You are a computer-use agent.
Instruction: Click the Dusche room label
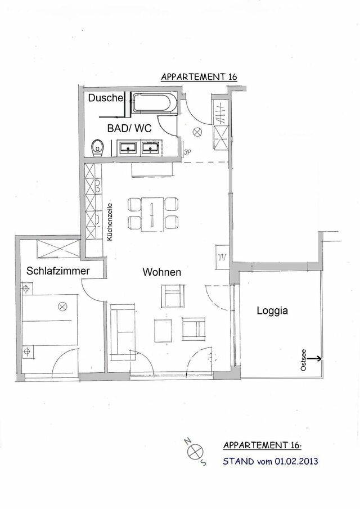pyautogui.click(x=106, y=98)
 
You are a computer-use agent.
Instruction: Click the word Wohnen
pyautogui.click(x=161, y=272)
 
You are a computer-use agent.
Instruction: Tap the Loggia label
pyautogui.click(x=273, y=309)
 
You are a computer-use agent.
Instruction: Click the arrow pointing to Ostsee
pyautogui.click(x=313, y=357)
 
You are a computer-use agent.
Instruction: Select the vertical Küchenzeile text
pyautogui.click(x=110, y=222)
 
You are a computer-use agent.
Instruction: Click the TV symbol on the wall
pyautogui.click(x=220, y=258)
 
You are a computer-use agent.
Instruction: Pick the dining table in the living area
pyautogui.click(x=152, y=214)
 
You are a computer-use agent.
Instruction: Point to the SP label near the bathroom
pyautogui.click(x=187, y=150)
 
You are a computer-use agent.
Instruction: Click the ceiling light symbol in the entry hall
pyautogui.click(x=197, y=132)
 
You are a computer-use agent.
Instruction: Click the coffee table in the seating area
pyautogui.click(x=163, y=330)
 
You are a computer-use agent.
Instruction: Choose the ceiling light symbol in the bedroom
pyautogui.click(x=63, y=307)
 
